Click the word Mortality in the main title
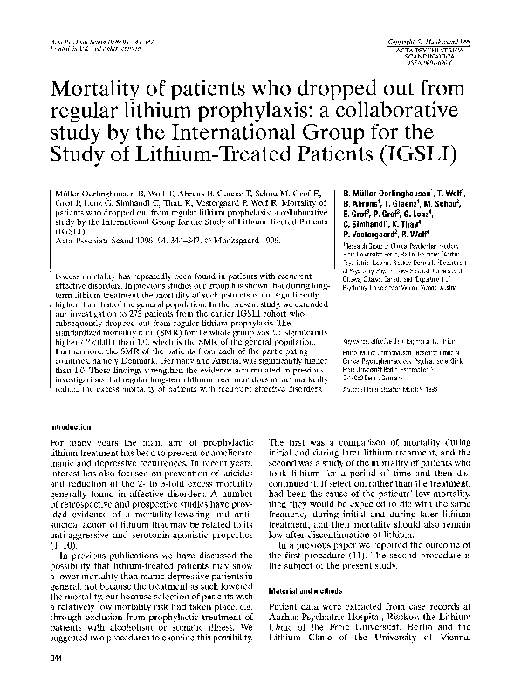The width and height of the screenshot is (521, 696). [98, 90]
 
